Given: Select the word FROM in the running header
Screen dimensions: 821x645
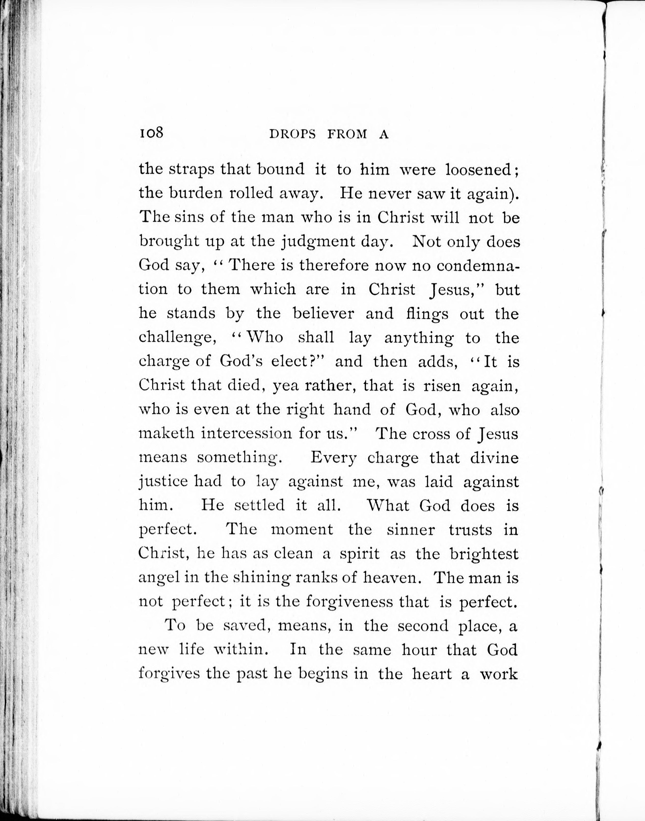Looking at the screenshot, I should (347, 135).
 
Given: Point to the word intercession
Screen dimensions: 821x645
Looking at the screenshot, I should (246, 433).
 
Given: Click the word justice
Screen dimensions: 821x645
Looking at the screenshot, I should (163, 482).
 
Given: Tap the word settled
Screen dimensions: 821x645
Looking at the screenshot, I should (259, 505).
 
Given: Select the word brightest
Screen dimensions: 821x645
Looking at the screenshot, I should (484, 554).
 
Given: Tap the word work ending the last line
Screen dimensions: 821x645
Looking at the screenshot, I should (499, 674).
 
